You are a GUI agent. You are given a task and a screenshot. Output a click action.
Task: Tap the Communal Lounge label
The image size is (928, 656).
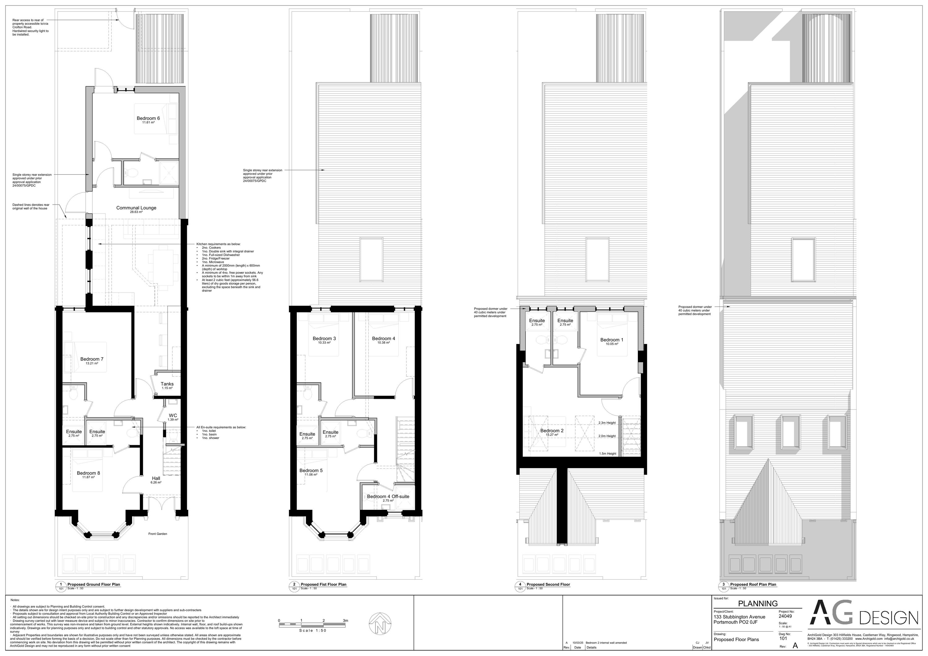(x=136, y=208)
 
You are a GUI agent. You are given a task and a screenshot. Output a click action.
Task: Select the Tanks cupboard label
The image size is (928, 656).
(x=167, y=384)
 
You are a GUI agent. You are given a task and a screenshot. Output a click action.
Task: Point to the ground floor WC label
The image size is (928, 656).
(x=173, y=415)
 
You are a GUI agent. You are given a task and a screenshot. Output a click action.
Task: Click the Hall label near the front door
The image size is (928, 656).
(x=156, y=478)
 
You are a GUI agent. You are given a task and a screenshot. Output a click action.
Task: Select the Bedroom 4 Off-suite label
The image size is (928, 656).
(x=388, y=497)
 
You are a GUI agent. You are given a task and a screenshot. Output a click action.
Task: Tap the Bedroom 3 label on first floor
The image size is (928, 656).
(x=324, y=338)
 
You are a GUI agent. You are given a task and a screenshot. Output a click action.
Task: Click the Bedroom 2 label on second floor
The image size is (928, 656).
(x=552, y=431)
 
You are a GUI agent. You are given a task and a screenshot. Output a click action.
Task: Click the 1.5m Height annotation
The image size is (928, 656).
(x=608, y=454)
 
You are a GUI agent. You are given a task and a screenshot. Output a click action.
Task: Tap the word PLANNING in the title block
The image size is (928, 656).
(x=758, y=603)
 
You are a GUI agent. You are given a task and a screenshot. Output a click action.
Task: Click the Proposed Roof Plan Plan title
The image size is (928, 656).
(x=753, y=584)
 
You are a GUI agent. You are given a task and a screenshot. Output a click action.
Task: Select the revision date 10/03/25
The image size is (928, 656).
(x=578, y=643)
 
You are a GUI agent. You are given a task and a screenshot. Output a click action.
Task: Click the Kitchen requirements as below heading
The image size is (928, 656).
(x=218, y=244)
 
